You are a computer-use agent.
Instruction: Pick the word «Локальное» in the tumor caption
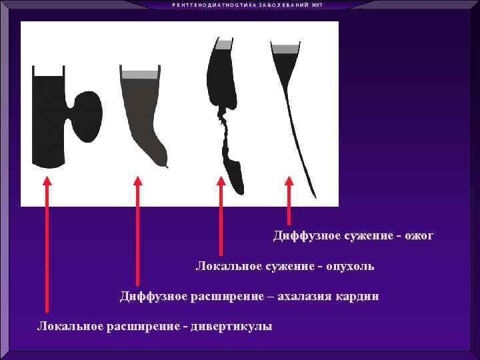pos(224,267)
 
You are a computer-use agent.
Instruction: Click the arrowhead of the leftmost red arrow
pos(47,181)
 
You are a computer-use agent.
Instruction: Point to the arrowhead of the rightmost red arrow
pos(289,181)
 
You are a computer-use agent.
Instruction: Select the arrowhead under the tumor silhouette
pos(221,181)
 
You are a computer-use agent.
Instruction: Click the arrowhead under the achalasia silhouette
pos(137,181)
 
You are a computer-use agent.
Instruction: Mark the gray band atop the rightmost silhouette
pos(285,49)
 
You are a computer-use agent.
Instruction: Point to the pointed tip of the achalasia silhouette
pos(165,165)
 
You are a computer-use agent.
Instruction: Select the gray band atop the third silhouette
pos(225,45)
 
